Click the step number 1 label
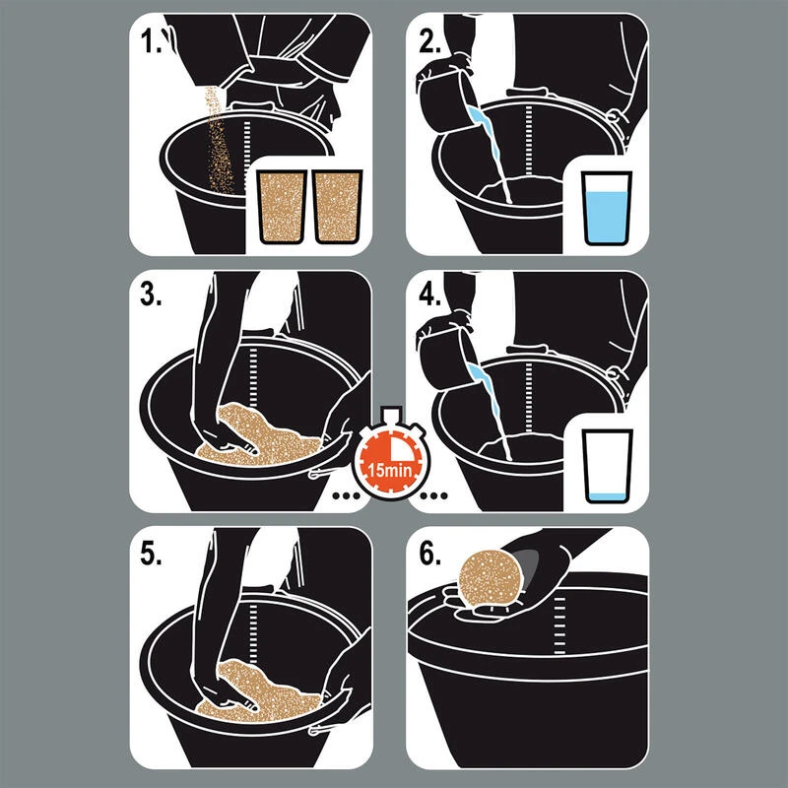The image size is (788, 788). [151, 41]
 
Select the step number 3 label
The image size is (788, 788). [151, 295]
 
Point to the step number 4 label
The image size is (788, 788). [429, 295]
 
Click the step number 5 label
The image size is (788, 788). [151, 554]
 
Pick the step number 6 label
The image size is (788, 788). [429, 554]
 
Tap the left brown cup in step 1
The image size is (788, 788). [282, 207]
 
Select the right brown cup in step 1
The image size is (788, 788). [337, 207]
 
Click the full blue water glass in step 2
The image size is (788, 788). [607, 209]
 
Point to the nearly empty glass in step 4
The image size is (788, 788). [607, 466]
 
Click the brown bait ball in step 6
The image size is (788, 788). [489, 576]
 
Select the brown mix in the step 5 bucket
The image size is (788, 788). [256, 692]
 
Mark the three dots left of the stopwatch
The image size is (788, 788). [346, 495]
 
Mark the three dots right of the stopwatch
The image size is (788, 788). [433, 495]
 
